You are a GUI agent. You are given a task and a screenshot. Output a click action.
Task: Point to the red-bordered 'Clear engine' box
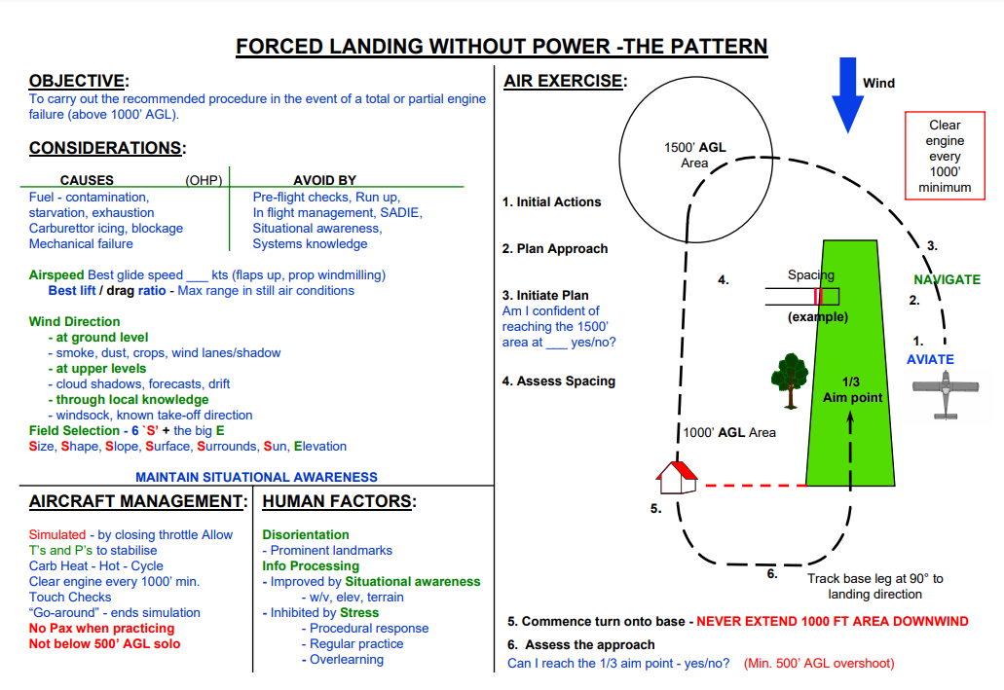tap(944, 156)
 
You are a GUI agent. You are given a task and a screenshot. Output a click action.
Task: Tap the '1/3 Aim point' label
tap(853, 389)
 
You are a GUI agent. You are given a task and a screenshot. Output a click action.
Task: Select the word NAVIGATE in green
tap(947, 279)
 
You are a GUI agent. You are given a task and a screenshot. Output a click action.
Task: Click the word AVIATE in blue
tap(930, 359)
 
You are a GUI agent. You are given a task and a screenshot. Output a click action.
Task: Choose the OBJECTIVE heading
tap(78, 81)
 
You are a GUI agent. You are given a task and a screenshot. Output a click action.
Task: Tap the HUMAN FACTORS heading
tap(339, 501)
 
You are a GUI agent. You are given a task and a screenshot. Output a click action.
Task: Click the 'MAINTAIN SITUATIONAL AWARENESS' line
tap(256, 477)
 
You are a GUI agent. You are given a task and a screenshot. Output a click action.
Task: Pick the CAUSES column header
tap(87, 180)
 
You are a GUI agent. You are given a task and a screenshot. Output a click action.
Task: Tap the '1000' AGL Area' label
tap(729, 432)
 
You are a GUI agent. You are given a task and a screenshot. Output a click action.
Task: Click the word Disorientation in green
tap(306, 534)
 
